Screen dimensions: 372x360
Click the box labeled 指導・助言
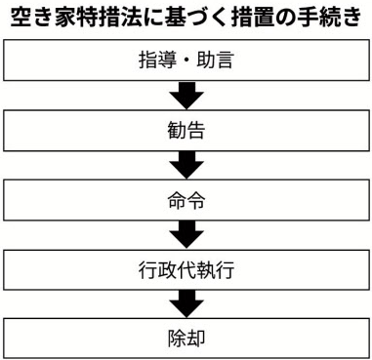[x=186, y=60]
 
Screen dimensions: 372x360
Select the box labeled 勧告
[x=186, y=131]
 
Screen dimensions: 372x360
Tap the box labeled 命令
[x=186, y=200]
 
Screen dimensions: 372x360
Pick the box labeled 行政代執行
[x=186, y=269]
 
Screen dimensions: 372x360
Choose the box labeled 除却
[x=186, y=339]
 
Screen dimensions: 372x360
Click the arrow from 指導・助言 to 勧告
[x=186, y=96]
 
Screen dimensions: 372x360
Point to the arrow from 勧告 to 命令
[x=186, y=165]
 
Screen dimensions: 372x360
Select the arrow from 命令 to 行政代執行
[x=186, y=235]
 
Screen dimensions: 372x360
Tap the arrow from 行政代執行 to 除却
[x=186, y=304]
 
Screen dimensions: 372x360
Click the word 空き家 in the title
[x=40, y=19]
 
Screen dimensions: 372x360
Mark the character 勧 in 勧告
[x=177, y=131]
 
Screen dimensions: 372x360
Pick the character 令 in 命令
[x=195, y=200]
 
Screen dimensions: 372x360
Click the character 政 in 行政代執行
[x=167, y=270]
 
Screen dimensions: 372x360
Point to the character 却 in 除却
[x=195, y=339]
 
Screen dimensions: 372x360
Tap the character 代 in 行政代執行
[x=186, y=270]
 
